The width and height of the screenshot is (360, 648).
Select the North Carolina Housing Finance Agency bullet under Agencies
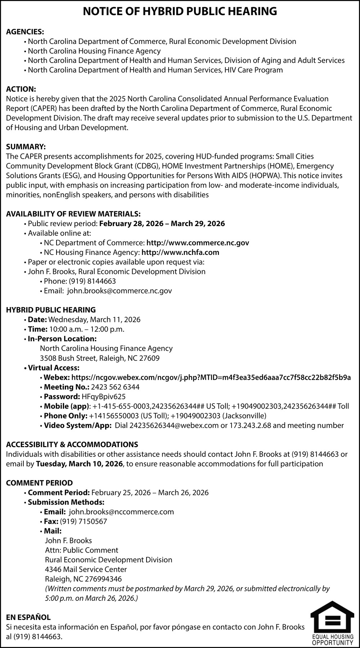point(94,51)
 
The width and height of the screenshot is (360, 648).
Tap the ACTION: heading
point(21,89)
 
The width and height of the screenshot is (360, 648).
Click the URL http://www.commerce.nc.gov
point(198,243)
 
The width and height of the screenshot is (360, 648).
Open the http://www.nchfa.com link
point(180,252)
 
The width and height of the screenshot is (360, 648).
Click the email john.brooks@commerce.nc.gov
point(120,291)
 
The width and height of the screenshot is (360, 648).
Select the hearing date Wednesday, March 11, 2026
point(94,320)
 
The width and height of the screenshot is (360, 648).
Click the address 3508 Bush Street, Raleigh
point(100,358)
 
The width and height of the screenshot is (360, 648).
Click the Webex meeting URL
point(211,377)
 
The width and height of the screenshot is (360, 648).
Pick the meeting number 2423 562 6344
point(115,387)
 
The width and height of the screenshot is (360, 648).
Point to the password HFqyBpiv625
point(104,397)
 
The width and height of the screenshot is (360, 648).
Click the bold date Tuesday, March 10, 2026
point(79,464)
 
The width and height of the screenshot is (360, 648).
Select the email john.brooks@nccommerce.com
point(121,512)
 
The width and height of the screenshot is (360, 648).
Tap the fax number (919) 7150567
point(84,521)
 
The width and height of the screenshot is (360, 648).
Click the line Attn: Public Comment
point(82,550)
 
